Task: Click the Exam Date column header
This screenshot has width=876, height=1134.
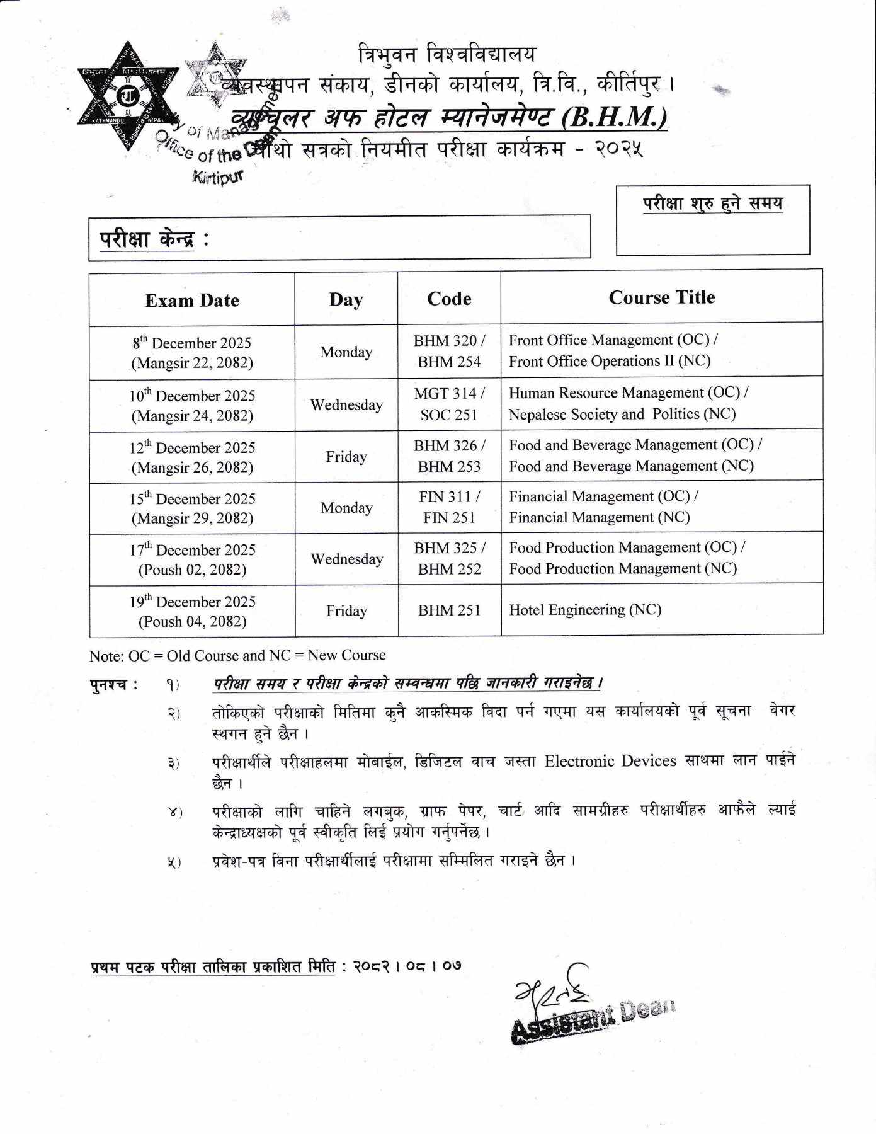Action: pos(192,301)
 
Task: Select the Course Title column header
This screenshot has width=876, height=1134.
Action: pos(661,297)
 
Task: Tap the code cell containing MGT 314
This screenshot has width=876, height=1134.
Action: pos(449,404)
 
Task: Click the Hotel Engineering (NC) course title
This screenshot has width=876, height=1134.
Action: pos(585,610)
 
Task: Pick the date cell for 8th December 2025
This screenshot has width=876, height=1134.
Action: pos(192,353)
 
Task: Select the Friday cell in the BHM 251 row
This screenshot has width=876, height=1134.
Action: pos(346,610)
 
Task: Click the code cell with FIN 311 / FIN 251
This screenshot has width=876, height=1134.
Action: pos(449,507)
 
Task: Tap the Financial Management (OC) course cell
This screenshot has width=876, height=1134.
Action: pos(603,497)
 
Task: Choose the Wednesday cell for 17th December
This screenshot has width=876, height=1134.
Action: pos(346,559)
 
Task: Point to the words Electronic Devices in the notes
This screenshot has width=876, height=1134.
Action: pos(610,761)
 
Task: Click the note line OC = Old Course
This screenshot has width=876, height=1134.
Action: pos(237,655)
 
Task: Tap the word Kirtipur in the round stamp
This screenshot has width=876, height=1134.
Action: pos(217,177)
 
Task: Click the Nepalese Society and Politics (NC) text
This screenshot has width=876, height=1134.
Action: pos(622,414)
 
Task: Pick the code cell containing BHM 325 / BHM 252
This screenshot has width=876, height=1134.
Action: pos(449,558)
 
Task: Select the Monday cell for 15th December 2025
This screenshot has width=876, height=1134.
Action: pos(346,508)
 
